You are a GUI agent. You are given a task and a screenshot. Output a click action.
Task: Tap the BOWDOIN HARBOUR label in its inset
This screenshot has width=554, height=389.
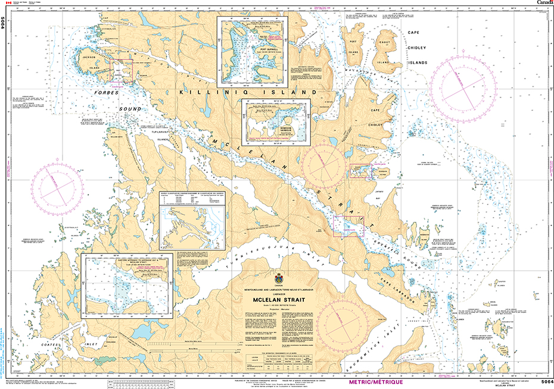point(285,128)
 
